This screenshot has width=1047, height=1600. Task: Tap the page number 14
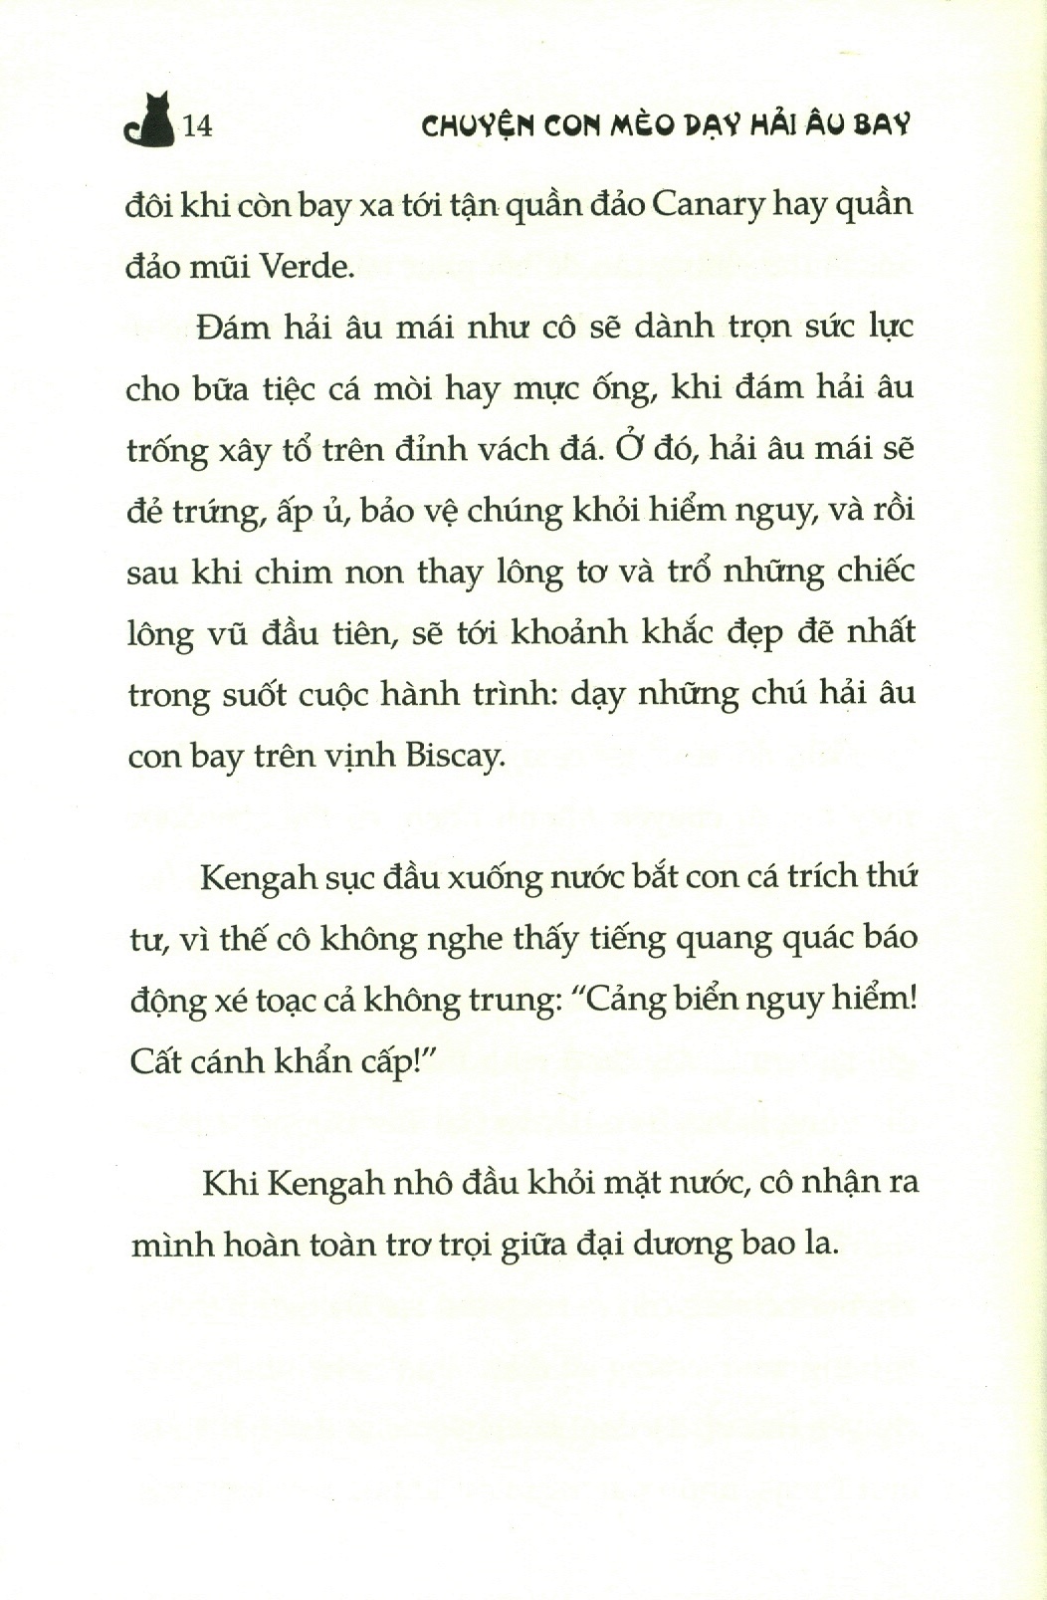(x=198, y=126)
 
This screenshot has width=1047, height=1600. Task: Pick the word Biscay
(x=455, y=756)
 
